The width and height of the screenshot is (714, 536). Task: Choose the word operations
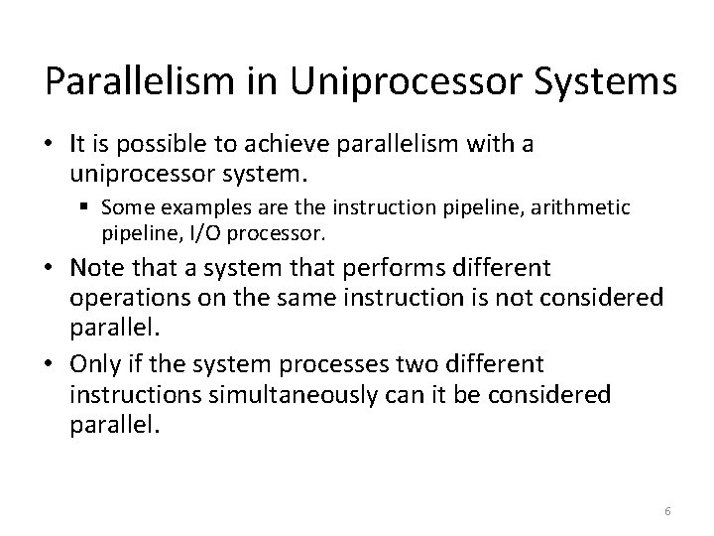point(127,297)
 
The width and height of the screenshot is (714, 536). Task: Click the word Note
point(95,269)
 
